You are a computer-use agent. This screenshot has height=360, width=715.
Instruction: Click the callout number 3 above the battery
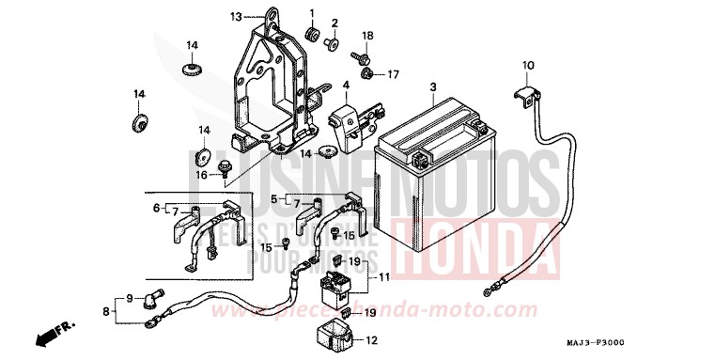tap(433, 87)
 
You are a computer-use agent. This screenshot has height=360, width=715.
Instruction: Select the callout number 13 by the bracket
tap(236, 16)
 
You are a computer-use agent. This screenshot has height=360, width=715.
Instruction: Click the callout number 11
tap(384, 279)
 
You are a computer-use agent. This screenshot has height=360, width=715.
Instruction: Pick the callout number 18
tap(368, 36)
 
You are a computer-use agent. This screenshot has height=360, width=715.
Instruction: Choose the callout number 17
tap(394, 74)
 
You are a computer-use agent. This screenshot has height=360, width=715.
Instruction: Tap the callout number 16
tap(201, 175)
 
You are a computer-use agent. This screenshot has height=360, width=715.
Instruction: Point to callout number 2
tap(334, 22)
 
